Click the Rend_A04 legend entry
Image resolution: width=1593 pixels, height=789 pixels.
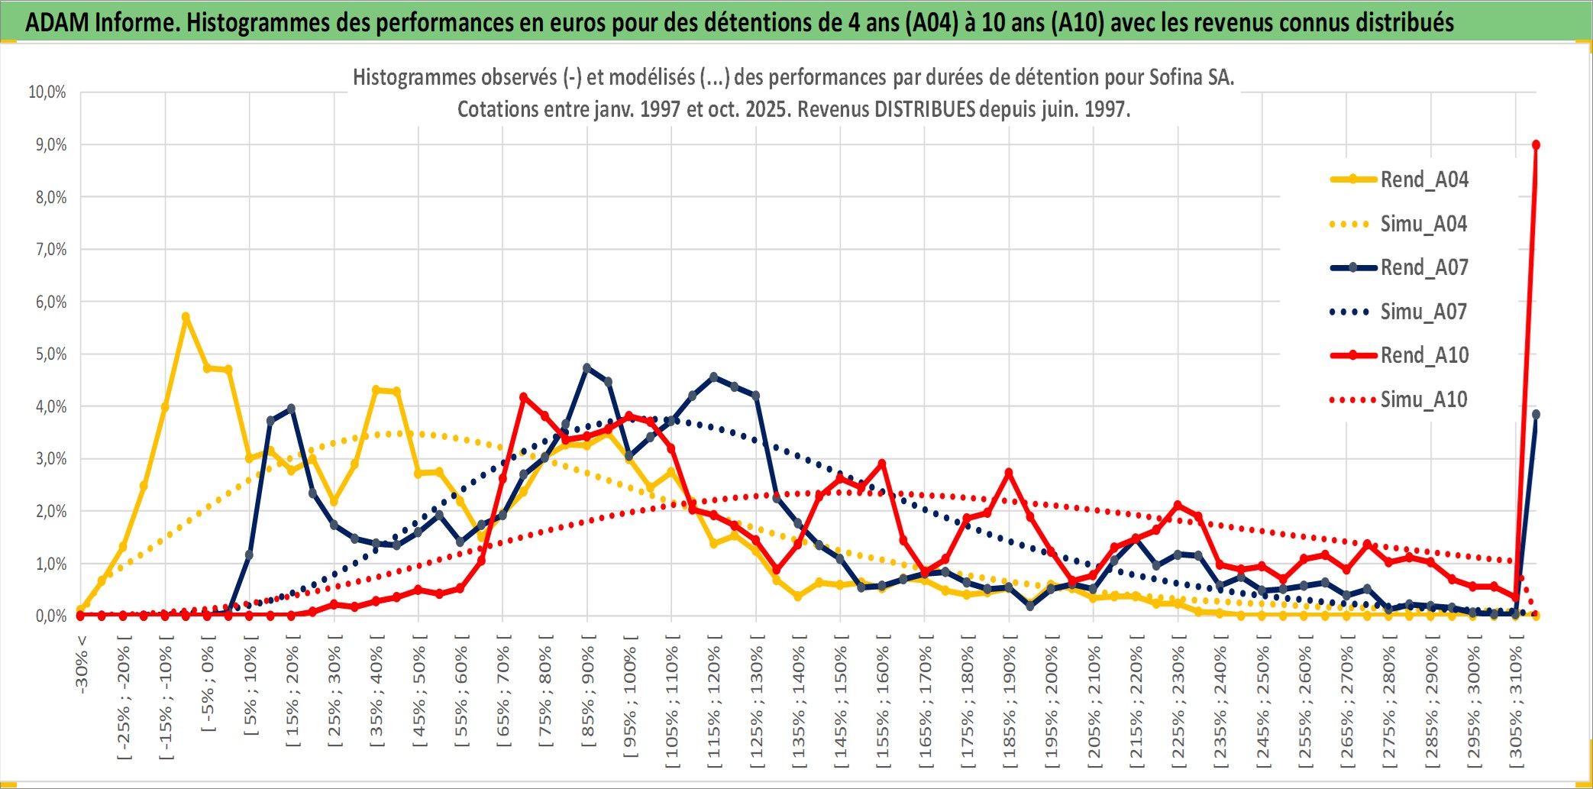coord(1423,179)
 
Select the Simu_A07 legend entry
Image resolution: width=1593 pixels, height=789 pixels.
coord(1423,312)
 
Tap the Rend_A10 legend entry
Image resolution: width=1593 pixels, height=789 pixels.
coord(1423,355)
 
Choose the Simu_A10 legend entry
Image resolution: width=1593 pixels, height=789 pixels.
coord(1423,399)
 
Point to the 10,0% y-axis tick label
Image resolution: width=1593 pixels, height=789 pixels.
coord(47,92)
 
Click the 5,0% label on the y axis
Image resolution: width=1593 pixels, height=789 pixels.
coord(50,354)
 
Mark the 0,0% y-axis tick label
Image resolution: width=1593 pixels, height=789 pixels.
coord(50,616)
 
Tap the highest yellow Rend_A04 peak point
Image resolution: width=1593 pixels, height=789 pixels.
coord(186,316)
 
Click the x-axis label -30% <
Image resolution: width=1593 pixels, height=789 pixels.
coord(82,664)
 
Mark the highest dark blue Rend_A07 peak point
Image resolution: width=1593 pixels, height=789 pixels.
coord(587,367)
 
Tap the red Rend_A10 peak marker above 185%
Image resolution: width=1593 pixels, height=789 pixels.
coord(1009,473)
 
